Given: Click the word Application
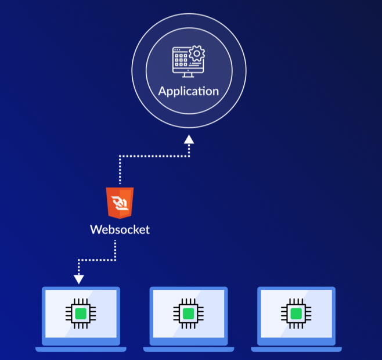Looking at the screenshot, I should pos(189,91).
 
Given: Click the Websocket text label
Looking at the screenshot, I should pos(120,229).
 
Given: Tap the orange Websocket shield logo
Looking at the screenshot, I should pos(120,202).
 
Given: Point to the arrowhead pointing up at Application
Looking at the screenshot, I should pos(189,139).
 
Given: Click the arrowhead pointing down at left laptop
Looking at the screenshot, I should pos(79,279).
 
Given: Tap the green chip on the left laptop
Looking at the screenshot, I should pos(81,314).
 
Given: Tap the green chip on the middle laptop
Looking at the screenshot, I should pos(188,314).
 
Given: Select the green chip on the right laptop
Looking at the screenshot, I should pos(296,314).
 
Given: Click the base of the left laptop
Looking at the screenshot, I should pos(81,349).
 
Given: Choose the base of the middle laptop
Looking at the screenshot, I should pos(188,349).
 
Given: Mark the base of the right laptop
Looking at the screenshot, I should pos(296,349).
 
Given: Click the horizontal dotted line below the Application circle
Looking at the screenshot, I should pos(154,156).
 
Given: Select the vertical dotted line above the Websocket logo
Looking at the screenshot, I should pos(120,171).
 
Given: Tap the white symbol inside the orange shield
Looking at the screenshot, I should pos(120,203).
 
